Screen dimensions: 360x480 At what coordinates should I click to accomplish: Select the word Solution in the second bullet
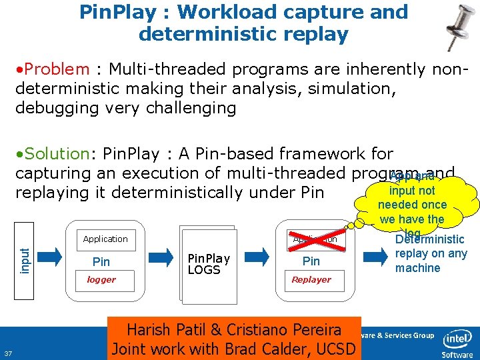(x=57, y=153)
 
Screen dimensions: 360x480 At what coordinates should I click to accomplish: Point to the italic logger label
(x=101, y=280)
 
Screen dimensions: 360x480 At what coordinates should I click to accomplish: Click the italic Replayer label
(x=311, y=280)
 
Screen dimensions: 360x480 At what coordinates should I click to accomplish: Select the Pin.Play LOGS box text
(x=209, y=263)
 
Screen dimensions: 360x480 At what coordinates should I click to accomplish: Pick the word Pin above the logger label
(x=101, y=261)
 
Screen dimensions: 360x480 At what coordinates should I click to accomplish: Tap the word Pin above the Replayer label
(x=311, y=261)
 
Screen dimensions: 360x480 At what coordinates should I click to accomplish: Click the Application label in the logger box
(x=105, y=239)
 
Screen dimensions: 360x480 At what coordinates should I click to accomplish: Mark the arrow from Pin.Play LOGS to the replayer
(x=257, y=254)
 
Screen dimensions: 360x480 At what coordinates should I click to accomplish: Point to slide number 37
(x=9, y=353)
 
